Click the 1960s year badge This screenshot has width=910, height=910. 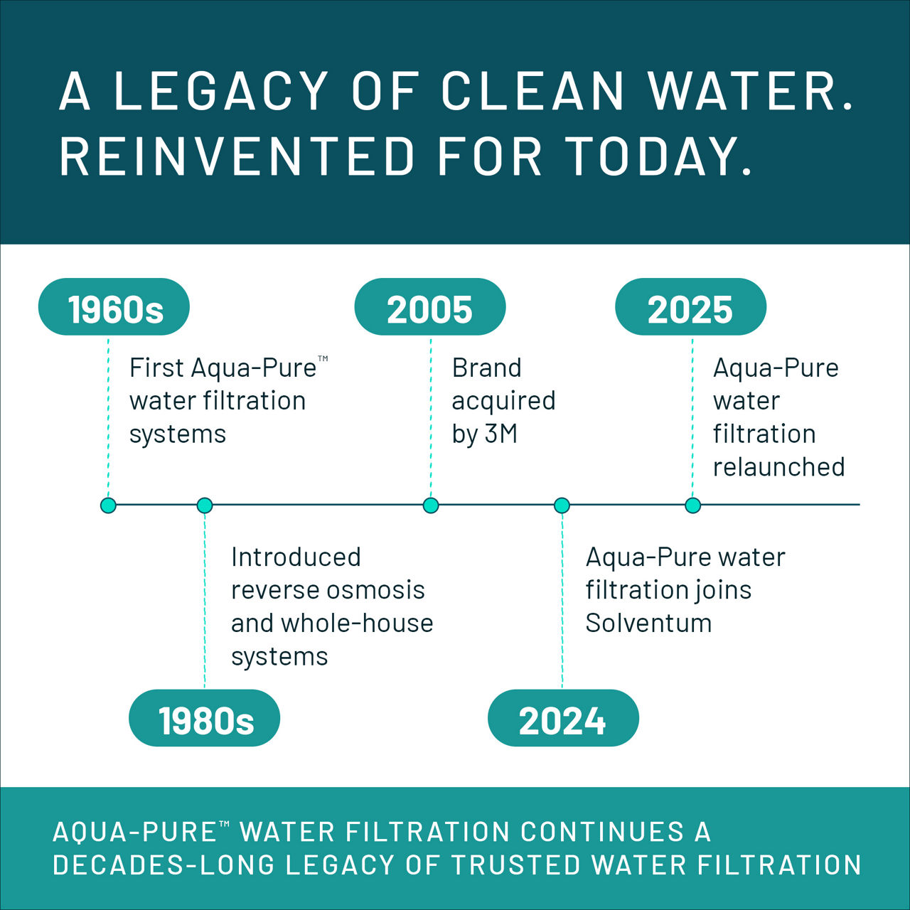[x=114, y=307]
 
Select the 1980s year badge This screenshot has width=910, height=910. [x=205, y=718]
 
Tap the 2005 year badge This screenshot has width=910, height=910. [x=429, y=307]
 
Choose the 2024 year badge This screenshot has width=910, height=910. [x=562, y=718]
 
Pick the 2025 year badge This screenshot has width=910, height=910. [x=690, y=307]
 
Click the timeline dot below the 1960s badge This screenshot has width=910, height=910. [x=108, y=505]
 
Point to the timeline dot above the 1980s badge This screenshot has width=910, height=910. [x=205, y=505]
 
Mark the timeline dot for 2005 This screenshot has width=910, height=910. [x=431, y=505]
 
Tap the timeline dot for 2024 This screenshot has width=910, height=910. [x=562, y=505]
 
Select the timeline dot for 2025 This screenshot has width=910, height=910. [x=692, y=505]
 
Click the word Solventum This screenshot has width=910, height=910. [x=648, y=623]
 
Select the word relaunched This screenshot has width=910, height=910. [x=778, y=467]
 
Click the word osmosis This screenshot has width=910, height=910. [x=378, y=590]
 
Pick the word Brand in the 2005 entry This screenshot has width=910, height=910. [x=486, y=368]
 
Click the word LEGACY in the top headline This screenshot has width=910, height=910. [x=221, y=91]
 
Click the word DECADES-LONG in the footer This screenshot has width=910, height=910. [x=164, y=865]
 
